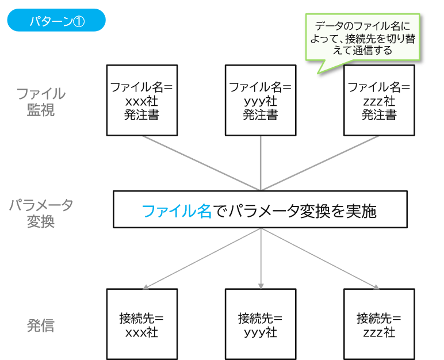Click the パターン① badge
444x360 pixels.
56,21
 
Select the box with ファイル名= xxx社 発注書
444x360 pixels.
142,100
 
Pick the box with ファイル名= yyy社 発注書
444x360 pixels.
261,100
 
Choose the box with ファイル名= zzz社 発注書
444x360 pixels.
379,100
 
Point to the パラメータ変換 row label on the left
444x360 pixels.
41,213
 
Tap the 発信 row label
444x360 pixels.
41,325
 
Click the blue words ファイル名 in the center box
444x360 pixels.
177,211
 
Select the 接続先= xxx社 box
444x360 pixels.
142,324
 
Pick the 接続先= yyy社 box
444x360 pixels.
261,324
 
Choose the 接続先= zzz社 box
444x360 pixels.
379,324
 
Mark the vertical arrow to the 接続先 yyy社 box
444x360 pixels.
261,259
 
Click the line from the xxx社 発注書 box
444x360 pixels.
201,163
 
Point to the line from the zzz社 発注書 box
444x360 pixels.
320,163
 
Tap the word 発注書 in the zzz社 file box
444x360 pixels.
379,114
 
